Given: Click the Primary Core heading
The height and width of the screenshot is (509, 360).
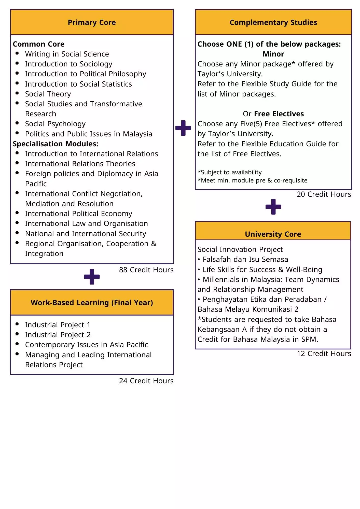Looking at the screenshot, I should (x=92, y=22).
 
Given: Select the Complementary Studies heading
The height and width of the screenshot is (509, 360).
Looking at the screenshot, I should (x=273, y=22).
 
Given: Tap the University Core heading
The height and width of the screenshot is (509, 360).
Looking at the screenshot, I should (x=273, y=234).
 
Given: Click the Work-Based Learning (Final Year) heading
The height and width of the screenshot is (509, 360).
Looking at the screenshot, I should (x=92, y=303).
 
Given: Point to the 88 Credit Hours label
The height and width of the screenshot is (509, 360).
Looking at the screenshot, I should (x=146, y=270).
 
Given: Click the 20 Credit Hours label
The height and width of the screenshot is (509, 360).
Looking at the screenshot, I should (x=324, y=194).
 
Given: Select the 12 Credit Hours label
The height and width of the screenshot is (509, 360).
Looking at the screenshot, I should (x=324, y=354).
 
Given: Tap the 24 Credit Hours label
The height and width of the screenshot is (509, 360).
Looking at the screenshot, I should (x=146, y=381).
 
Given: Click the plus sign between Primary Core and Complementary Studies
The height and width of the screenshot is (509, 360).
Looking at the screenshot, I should (x=183, y=128).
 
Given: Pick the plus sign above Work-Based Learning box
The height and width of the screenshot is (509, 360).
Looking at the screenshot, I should (x=92, y=277).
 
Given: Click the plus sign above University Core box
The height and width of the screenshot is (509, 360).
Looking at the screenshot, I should (x=273, y=207).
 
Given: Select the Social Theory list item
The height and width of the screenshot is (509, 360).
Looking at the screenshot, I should (x=48, y=94).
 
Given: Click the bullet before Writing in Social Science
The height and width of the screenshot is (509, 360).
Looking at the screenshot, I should (x=17, y=53).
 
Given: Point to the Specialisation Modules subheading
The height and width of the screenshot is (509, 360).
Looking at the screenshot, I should (x=56, y=144).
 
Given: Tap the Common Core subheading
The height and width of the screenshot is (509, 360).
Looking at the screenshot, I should (x=39, y=44).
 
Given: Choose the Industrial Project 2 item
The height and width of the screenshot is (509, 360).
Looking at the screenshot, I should (x=58, y=335).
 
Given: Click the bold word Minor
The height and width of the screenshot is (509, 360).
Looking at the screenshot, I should (x=273, y=54).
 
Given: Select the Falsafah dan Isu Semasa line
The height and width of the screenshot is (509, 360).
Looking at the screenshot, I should (x=245, y=259).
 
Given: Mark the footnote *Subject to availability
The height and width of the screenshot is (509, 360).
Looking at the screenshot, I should (x=230, y=172).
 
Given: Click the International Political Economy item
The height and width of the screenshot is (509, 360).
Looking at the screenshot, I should (x=79, y=214).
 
